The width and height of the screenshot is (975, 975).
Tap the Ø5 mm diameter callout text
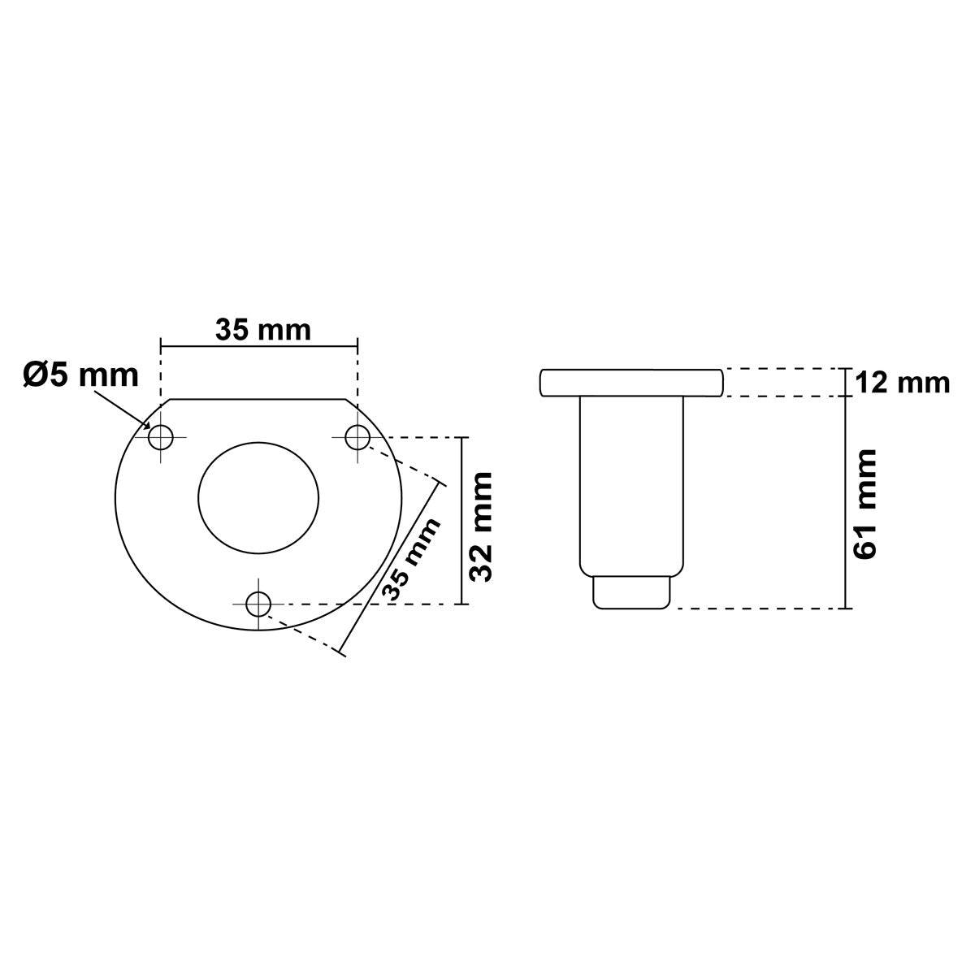point(80,375)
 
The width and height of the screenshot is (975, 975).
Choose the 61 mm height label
point(866,503)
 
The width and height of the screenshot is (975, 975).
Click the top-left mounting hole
point(161,438)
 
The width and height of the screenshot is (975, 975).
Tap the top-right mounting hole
point(357,438)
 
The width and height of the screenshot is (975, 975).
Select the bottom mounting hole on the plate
point(258,604)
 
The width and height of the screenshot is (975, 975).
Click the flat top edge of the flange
point(258,399)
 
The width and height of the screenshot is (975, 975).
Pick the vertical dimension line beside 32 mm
point(461,521)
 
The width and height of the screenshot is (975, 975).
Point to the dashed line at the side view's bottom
point(756,608)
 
